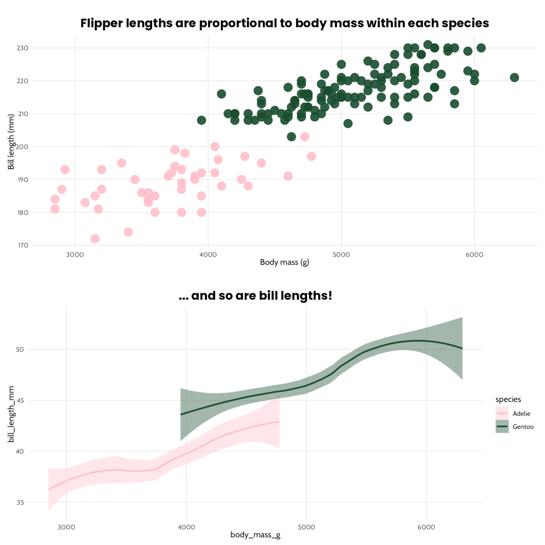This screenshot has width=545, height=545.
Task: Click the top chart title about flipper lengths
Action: click(x=284, y=23)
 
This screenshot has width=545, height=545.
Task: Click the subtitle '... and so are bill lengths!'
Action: click(x=255, y=295)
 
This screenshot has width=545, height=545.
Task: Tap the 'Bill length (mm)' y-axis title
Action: click(x=11, y=145)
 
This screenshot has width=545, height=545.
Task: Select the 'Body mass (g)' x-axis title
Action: click(x=284, y=262)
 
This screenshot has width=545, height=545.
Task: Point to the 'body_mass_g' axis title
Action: click(x=255, y=534)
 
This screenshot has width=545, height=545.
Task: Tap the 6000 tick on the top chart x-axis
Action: click(x=474, y=254)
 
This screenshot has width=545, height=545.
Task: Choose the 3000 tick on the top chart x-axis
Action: click(x=75, y=254)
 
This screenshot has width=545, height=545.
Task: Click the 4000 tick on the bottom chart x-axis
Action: click(x=186, y=527)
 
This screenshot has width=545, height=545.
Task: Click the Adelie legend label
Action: click(x=522, y=413)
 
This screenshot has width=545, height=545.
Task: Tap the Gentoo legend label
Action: click(x=523, y=426)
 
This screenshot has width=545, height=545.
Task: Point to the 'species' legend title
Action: click(x=508, y=399)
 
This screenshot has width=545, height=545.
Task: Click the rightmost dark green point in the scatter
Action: click(x=514, y=77)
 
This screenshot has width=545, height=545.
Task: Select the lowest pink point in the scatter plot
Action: click(x=95, y=238)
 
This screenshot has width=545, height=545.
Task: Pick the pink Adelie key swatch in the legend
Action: click(x=502, y=413)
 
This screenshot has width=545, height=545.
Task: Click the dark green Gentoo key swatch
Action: click(x=502, y=426)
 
